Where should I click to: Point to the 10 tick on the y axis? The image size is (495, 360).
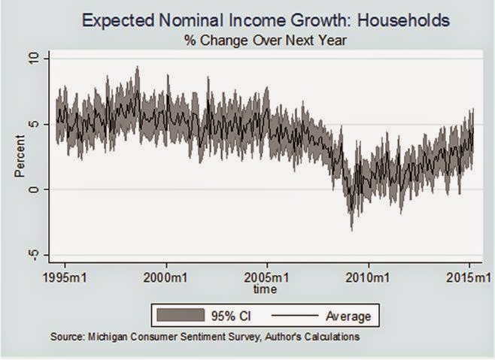(x=34, y=58)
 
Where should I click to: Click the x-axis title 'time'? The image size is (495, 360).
(x=265, y=289)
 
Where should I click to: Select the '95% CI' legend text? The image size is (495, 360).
(x=229, y=315)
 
